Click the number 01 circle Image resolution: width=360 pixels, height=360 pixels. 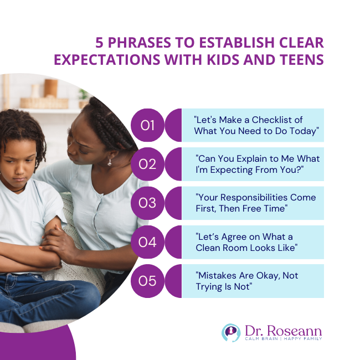click(x=147, y=125)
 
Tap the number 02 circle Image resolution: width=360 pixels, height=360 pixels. click(x=147, y=164)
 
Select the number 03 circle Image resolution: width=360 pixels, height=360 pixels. click(x=147, y=203)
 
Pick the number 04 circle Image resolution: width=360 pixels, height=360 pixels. click(x=147, y=242)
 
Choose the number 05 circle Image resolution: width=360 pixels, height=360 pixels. click(x=147, y=281)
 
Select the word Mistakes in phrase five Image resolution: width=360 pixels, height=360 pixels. click(x=217, y=276)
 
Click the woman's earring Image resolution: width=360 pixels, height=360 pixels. click(x=109, y=162)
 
